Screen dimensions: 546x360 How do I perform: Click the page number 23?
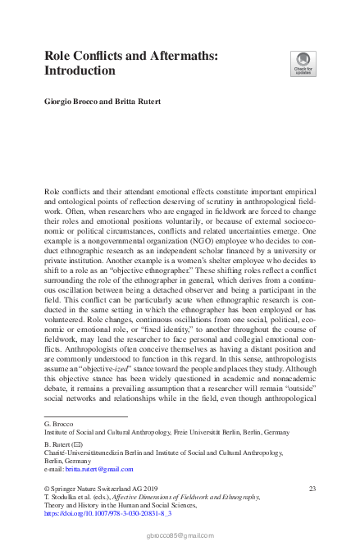pos(312,489)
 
